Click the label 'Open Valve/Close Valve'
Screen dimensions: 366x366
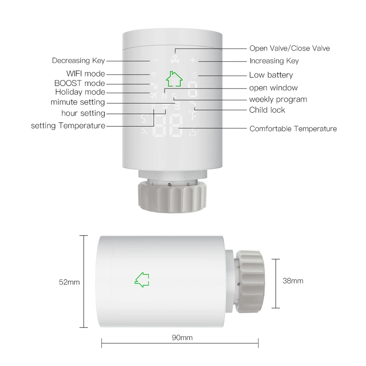(289, 48)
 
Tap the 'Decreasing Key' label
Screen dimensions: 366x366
(78, 61)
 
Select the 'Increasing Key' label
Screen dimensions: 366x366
(274, 61)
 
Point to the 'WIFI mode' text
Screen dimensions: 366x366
(85, 74)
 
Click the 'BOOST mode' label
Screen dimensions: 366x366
(79, 83)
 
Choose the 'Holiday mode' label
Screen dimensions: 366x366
(80, 92)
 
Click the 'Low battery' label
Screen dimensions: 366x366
(271, 75)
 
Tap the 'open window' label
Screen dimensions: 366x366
(273, 88)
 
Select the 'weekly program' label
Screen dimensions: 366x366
(278, 100)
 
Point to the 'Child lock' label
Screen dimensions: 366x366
(267, 110)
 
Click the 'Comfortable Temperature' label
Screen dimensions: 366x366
(293, 129)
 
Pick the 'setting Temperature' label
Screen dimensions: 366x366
(68, 126)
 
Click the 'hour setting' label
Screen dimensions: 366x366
(83, 113)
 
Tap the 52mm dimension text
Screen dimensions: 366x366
(69, 282)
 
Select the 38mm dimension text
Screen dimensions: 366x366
(293, 281)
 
